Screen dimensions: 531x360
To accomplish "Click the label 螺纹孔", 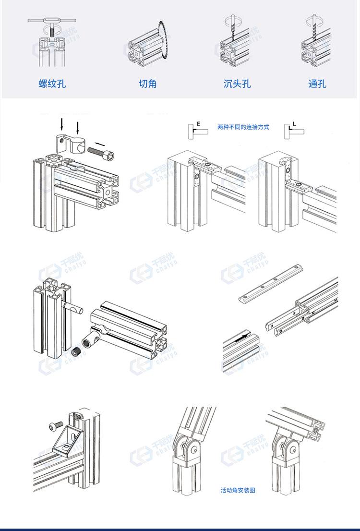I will pyautogui.click(x=52, y=84).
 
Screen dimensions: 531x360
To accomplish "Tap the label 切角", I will pyautogui.click(x=148, y=84).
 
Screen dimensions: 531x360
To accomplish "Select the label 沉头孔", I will pyautogui.click(x=237, y=84).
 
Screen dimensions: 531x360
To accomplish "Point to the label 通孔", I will pyautogui.click(x=317, y=84).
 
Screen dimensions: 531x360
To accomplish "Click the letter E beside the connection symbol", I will pyautogui.click(x=198, y=124).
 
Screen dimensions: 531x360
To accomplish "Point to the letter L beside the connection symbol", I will pyautogui.click(x=294, y=124).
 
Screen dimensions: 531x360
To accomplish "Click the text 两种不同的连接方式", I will pyautogui.click(x=243, y=127).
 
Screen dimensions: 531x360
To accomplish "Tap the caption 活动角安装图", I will pyautogui.click(x=238, y=490).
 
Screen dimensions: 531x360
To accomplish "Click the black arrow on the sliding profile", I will pyautogui.click(x=245, y=338).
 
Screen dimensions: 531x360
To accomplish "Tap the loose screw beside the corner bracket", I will pyautogui.click(x=55, y=425).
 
